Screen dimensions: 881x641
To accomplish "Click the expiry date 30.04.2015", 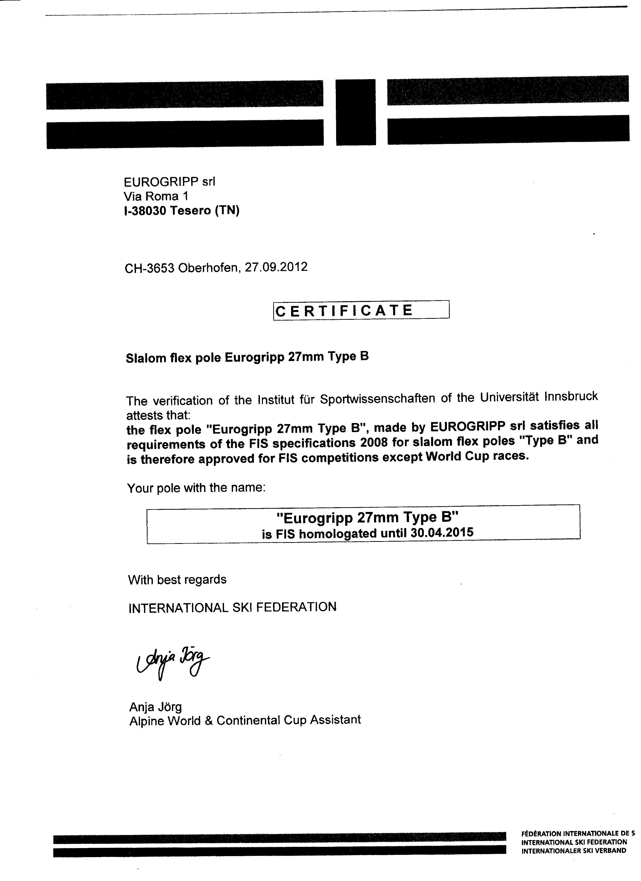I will [442, 532].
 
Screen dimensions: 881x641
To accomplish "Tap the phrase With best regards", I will [177, 580].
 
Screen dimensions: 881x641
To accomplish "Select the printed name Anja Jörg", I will [156, 707].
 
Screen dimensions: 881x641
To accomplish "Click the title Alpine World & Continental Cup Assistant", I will [245, 720].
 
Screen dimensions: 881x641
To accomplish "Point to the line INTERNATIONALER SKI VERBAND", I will [574, 851].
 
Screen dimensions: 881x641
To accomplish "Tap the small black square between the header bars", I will [356, 112].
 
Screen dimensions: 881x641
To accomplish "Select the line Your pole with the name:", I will [196, 488].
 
